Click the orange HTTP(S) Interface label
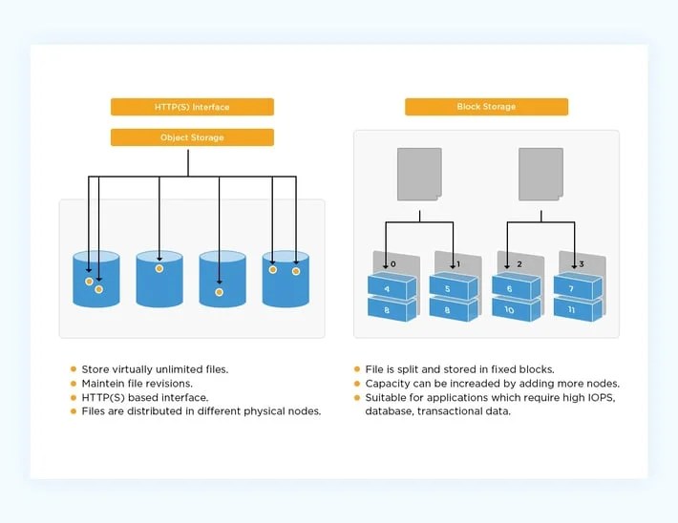192,107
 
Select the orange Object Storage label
192,137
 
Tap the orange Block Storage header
486,107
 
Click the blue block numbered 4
391,287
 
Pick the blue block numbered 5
452,287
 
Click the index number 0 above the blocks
392,262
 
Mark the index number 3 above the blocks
581,262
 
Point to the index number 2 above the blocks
519,262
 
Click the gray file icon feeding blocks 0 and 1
418,174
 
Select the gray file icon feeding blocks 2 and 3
540,174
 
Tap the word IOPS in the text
601,397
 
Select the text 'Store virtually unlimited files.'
155,368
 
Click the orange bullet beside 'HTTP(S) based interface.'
74,397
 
